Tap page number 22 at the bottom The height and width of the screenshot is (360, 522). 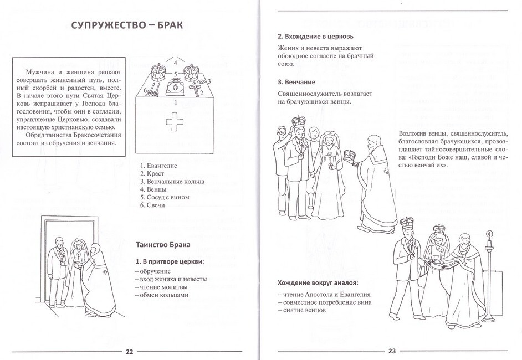(130, 352)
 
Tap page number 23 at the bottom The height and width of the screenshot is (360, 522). (391, 352)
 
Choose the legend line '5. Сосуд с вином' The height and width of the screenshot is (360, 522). (165, 197)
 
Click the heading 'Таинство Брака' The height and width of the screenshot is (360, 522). (163, 244)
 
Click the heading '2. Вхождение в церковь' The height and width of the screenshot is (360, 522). (315, 37)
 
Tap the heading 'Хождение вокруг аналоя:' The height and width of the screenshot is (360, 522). (318, 282)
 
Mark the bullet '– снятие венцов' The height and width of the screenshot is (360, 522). (301, 310)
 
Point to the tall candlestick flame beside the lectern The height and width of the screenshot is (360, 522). (489, 234)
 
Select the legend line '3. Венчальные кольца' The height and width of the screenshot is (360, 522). (172, 182)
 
